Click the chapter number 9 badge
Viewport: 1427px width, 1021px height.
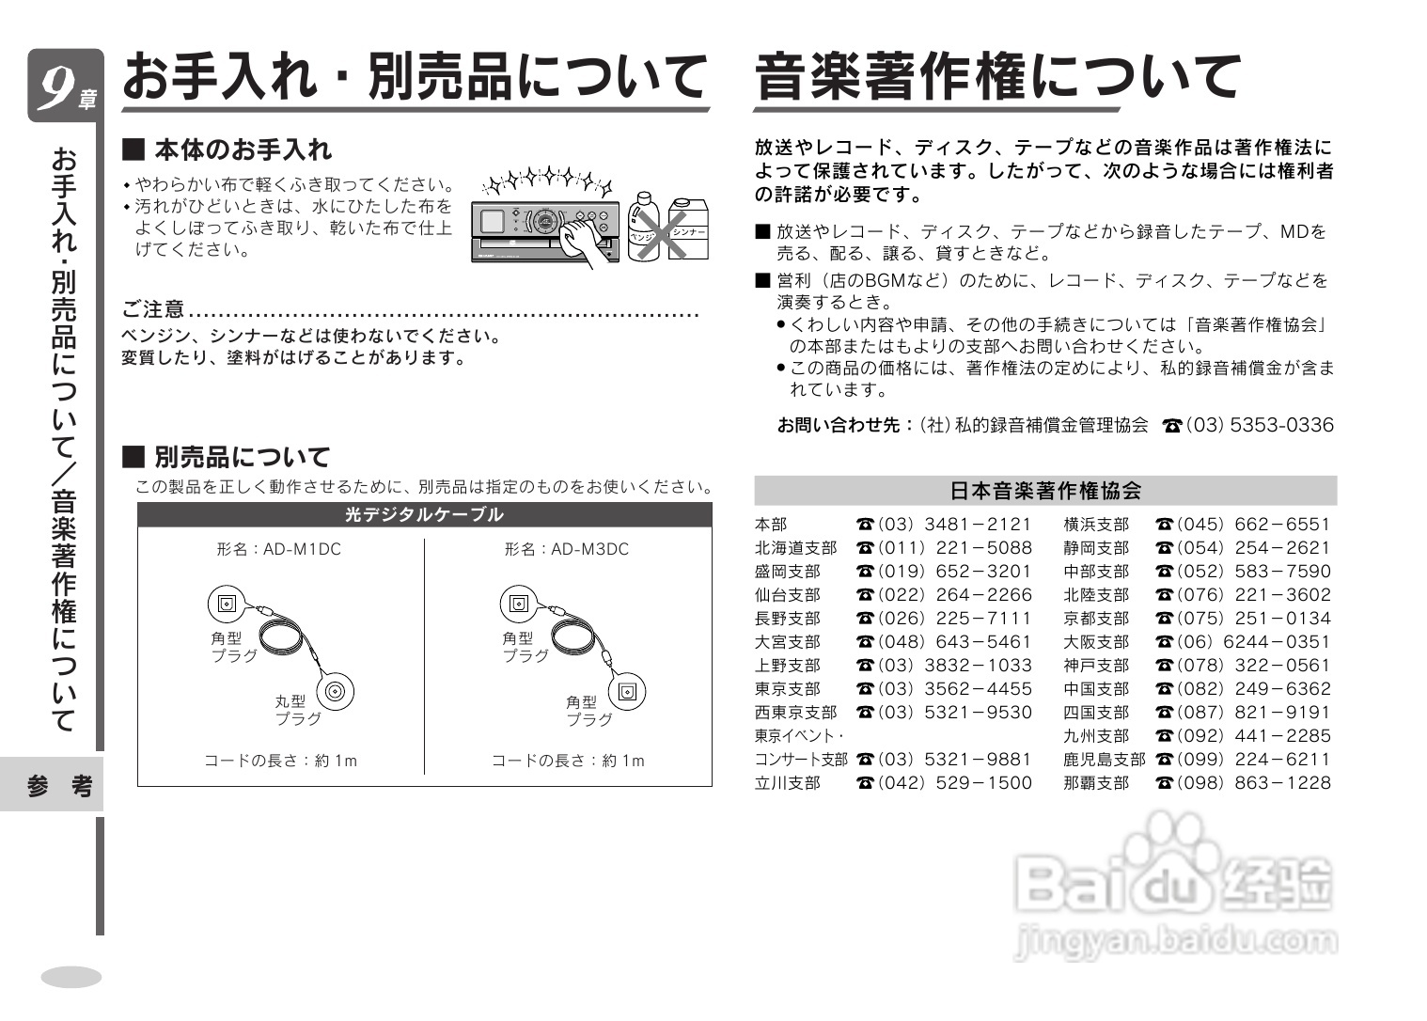(62, 86)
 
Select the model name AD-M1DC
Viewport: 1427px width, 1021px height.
(278, 549)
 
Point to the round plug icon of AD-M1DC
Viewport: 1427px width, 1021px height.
(336, 694)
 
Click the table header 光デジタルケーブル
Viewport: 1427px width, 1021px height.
(424, 514)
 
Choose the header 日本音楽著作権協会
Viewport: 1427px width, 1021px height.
(1045, 491)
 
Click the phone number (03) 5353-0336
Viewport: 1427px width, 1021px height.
(1260, 425)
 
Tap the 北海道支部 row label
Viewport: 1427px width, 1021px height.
(795, 548)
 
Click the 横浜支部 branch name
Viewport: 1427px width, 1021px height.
(1096, 525)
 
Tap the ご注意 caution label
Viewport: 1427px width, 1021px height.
(153, 309)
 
